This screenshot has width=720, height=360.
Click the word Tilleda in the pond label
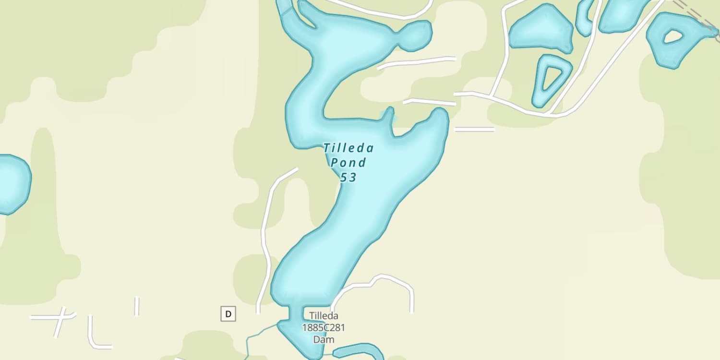point(348,148)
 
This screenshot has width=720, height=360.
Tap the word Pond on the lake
point(348,163)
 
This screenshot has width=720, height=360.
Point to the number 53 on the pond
point(348,178)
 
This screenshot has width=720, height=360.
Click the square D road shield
point(228,314)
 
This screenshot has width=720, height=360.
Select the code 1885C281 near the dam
point(323,328)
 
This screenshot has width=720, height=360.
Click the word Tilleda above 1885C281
point(324,316)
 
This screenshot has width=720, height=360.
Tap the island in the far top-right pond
point(672,36)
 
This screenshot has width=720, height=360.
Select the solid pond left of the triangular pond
point(541,29)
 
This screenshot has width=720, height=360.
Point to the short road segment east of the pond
point(474,129)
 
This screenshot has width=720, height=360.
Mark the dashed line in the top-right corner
point(696,14)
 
